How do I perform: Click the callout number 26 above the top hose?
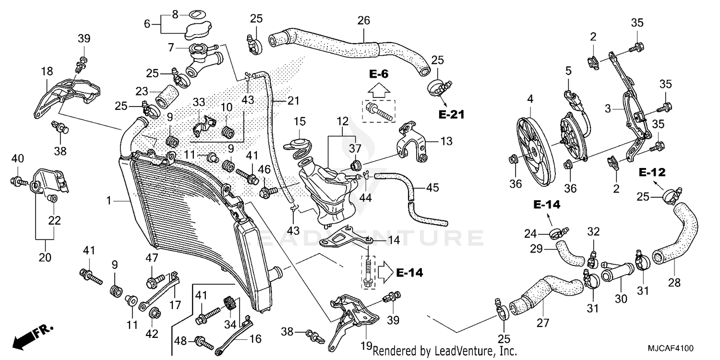tap(364, 21)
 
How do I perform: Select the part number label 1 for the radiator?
tap(109, 201)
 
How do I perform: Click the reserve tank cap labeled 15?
tap(298, 142)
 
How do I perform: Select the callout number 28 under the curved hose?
tap(674, 283)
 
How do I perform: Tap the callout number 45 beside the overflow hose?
tap(432, 188)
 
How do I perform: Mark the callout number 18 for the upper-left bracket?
tap(47, 72)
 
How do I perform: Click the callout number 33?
tap(199, 102)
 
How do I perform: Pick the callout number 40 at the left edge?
tap(17, 158)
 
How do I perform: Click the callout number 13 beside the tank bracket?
tap(446, 142)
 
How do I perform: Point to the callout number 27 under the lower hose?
tap(542, 323)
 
